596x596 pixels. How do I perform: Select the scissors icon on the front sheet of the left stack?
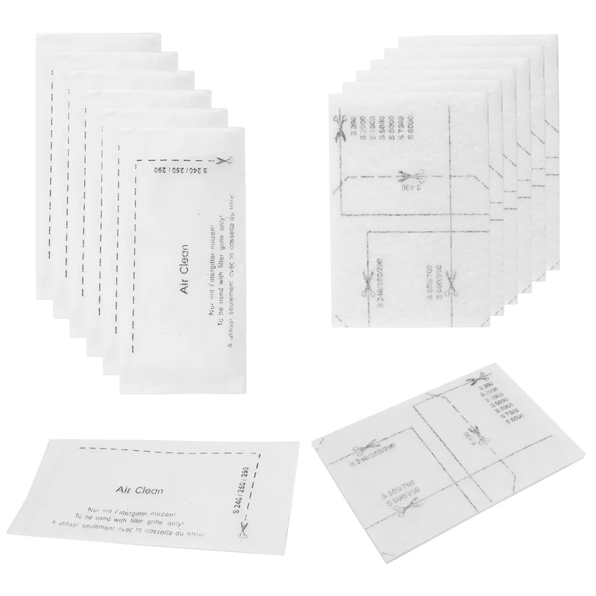[223, 162]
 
